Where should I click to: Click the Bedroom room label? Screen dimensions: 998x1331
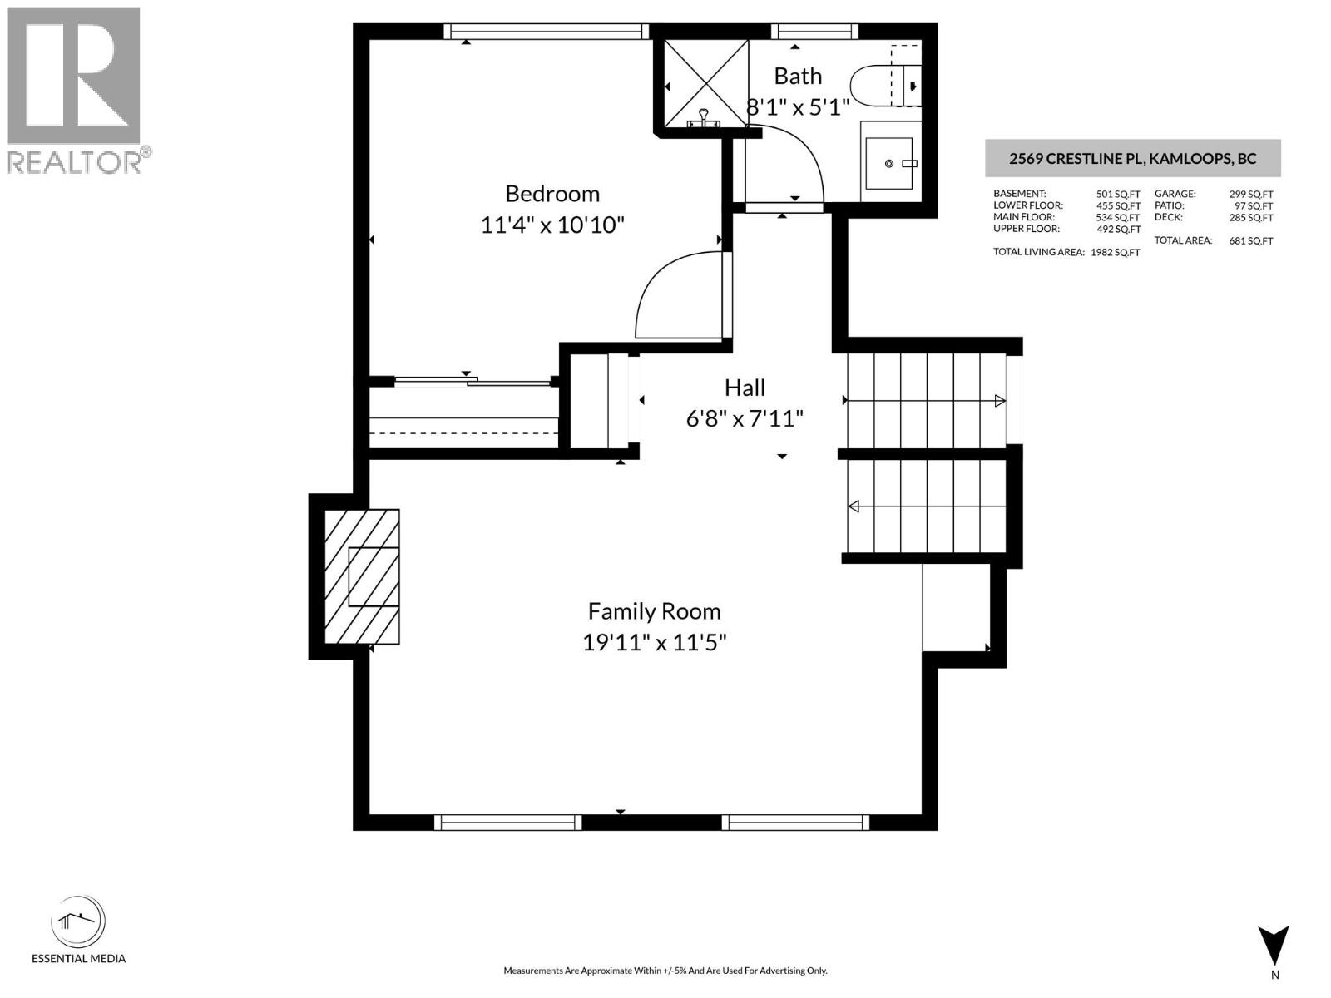click(552, 194)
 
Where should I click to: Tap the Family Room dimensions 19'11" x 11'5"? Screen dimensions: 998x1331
click(655, 643)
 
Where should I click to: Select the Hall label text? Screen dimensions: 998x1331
click(745, 388)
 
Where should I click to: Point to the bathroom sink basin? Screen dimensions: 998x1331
click(890, 164)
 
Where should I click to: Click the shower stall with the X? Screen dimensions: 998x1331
click(706, 83)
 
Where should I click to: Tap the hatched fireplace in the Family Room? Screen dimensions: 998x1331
click(362, 576)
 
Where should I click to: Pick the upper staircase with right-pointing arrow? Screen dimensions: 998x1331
click(925, 401)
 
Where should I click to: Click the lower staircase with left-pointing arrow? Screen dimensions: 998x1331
click(925, 506)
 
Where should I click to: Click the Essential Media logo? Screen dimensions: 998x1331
click(78, 923)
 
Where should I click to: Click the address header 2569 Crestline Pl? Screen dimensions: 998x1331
click(1132, 159)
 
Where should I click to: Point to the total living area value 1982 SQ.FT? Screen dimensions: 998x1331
click(1115, 253)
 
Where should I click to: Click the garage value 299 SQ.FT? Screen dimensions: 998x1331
click(1250, 195)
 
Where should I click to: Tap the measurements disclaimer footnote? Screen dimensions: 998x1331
click(665, 971)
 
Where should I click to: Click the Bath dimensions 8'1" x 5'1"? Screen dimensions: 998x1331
click(798, 107)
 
